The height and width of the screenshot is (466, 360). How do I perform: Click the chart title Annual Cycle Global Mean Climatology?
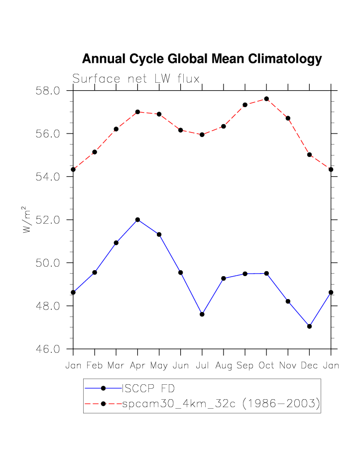[202, 59]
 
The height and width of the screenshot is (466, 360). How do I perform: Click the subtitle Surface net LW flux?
[136, 79]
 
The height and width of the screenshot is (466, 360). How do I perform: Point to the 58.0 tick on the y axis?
[48, 91]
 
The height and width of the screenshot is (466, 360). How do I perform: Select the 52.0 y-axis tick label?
[48, 220]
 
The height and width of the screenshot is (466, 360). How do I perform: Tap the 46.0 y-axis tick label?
[48, 349]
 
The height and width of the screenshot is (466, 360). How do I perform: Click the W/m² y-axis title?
[28, 220]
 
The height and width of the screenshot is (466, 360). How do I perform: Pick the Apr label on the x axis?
[137, 366]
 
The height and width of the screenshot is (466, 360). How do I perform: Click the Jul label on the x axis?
[202, 366]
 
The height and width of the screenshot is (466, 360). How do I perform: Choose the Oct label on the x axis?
[266, 366]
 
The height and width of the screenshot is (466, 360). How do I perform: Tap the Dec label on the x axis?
[309, 366]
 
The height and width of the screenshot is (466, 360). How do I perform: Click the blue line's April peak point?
[137, 220]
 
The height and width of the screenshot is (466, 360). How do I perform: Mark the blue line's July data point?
[202, 314]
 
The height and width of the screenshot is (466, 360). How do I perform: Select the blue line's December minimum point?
[310, 326]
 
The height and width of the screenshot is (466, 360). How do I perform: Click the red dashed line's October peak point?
[266, 99]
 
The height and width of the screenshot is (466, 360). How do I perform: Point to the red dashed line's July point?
[202, 135]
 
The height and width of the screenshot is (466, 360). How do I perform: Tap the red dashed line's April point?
[137, 112]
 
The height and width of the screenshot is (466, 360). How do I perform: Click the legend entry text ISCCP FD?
[145, 388]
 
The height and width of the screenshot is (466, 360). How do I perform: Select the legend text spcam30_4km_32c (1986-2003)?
[221, 404]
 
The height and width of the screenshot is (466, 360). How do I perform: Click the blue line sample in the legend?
[103, 388]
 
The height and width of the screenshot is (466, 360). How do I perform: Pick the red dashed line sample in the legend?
[103, 404]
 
